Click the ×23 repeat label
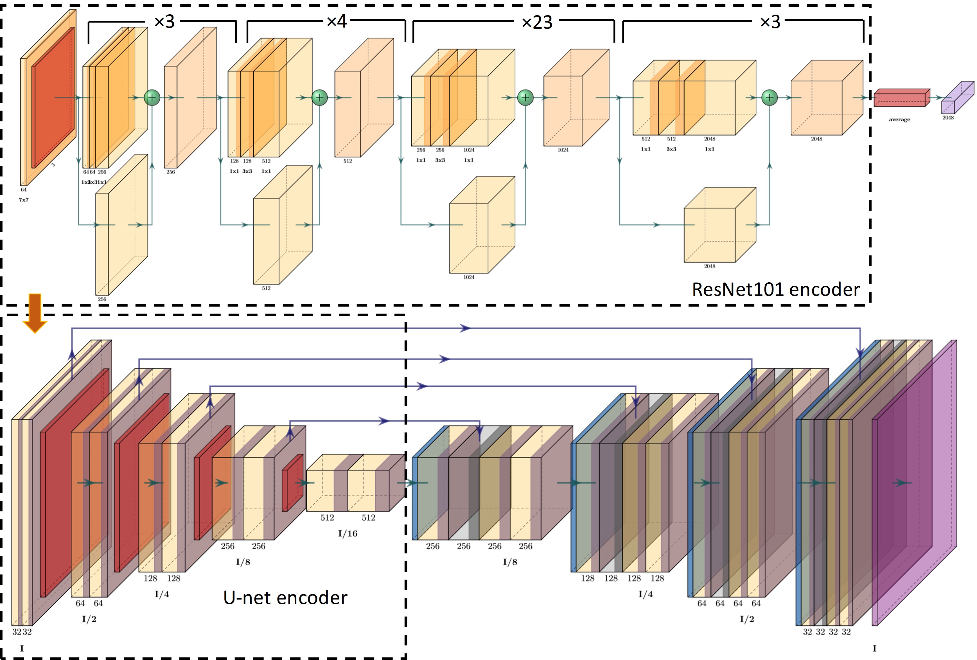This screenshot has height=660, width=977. (537, 22)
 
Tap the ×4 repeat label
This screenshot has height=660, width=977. (337, 21)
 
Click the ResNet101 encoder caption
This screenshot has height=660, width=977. (776, 290)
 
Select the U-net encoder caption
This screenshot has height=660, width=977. (285, 597)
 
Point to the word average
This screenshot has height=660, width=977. (899, 120)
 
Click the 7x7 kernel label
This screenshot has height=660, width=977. (24, 200)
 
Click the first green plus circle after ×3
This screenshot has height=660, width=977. (152, 98)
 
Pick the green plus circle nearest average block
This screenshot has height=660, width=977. (769, 98)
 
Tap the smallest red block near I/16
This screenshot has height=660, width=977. (292, 483)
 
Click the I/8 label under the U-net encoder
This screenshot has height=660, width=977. (243, 562)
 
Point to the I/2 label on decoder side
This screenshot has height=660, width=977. (747, 619)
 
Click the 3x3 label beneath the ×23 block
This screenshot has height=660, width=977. (440, 160)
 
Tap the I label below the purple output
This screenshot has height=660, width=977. (874, 648)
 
